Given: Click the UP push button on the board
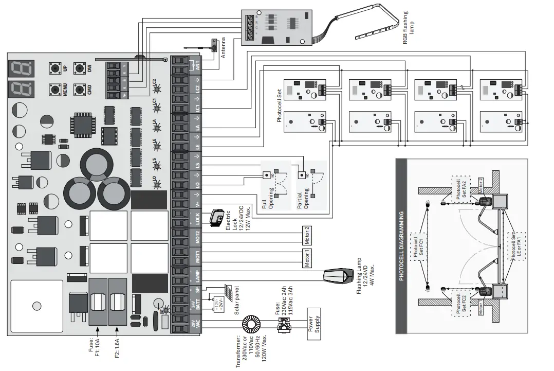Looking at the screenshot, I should point(54,68).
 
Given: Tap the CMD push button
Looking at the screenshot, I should point(79,90).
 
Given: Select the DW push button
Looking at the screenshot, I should point(79,68).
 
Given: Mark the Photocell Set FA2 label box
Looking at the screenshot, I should point(461,191).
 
